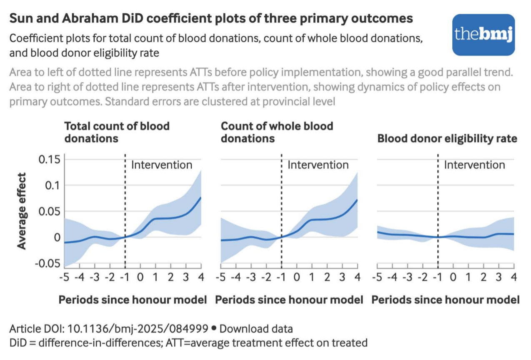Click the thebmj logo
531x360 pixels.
[483, 35]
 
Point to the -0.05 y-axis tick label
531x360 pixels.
[48, 263]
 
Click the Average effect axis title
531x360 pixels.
[22, 211]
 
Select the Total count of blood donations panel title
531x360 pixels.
[117, 132]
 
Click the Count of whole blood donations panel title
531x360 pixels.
[277, 132]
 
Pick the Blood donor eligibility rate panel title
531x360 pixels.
[447, 138]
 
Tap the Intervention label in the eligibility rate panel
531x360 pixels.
[474, 165]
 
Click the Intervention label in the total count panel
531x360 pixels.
[162, 165]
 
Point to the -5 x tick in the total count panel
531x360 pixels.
[64, 277]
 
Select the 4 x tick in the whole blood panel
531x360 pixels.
[357, 277]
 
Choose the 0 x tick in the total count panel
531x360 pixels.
[140, 277]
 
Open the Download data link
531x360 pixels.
[256, 329]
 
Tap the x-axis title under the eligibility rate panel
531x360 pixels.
[445, 300]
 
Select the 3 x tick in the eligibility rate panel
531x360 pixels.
[498, 277]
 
